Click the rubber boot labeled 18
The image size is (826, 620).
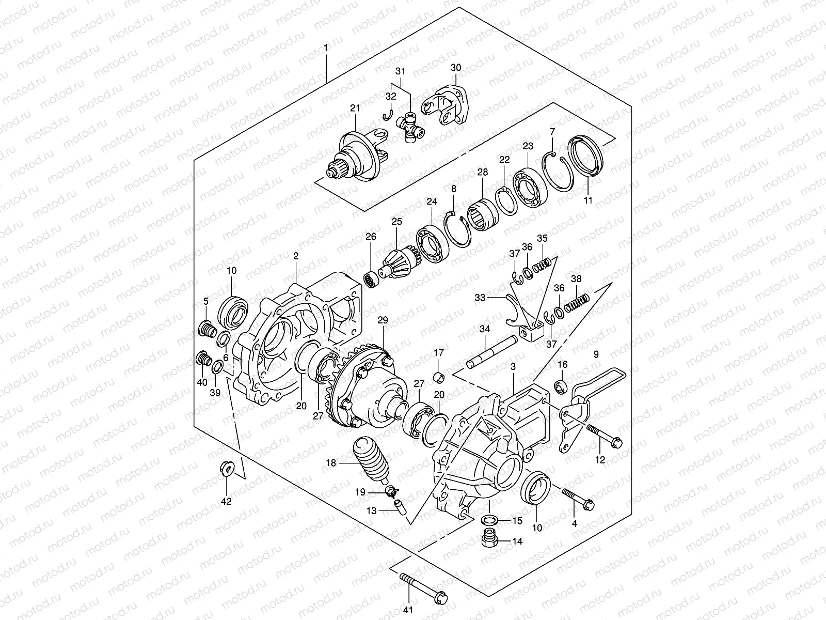click(371, 459)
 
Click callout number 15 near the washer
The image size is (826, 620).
click(517, 521)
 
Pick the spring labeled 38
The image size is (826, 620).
click(576, 302)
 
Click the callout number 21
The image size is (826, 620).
click(355, 108)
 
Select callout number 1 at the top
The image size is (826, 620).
click(326, 48)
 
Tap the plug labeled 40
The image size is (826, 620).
click(204, 358)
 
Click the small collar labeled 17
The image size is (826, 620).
click(438, 377)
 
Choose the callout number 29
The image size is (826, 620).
click(382, 320)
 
